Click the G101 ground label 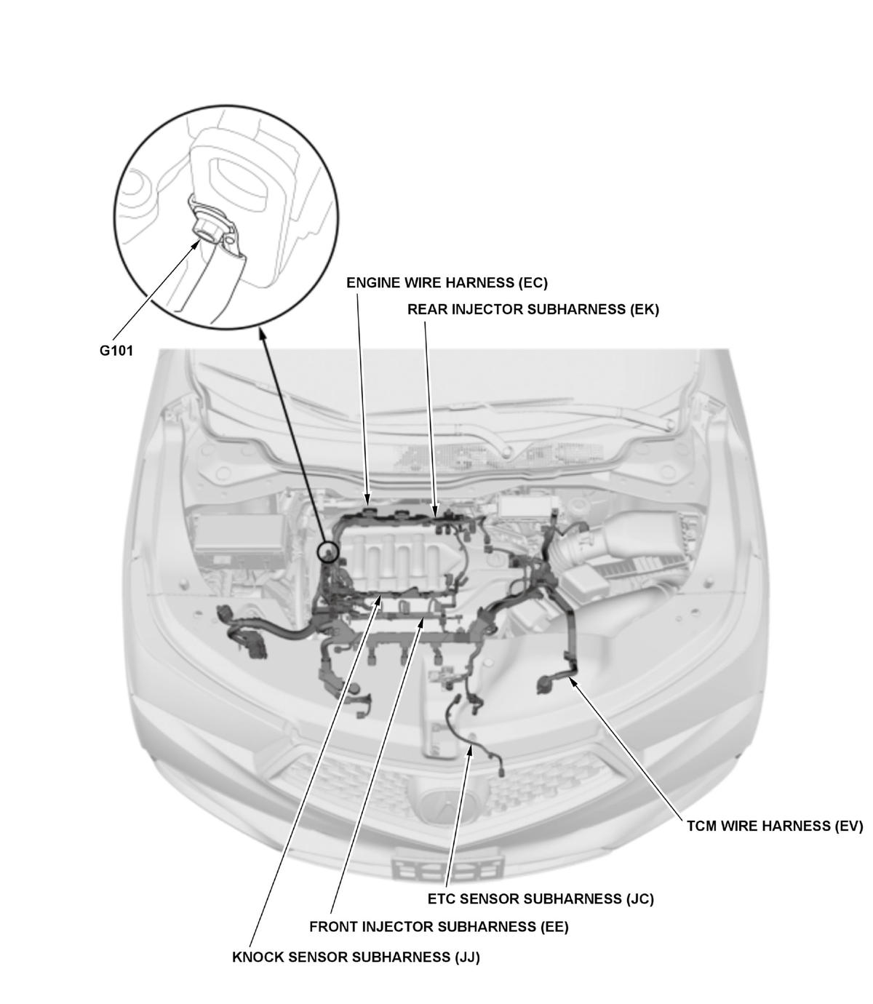(116, 351)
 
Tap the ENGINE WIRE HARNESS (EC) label (447, 283)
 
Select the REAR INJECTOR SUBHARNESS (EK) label (533, 309)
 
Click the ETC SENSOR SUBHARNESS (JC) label (541, 899)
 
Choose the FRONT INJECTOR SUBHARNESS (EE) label (439, 926)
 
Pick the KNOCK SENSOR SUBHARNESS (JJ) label (356, 957)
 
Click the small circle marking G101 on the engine (328, 551)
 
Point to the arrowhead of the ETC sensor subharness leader (470, 749)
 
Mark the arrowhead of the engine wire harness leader (367, 499)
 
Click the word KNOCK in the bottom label (254, 957)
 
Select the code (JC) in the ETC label (640, 899)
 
